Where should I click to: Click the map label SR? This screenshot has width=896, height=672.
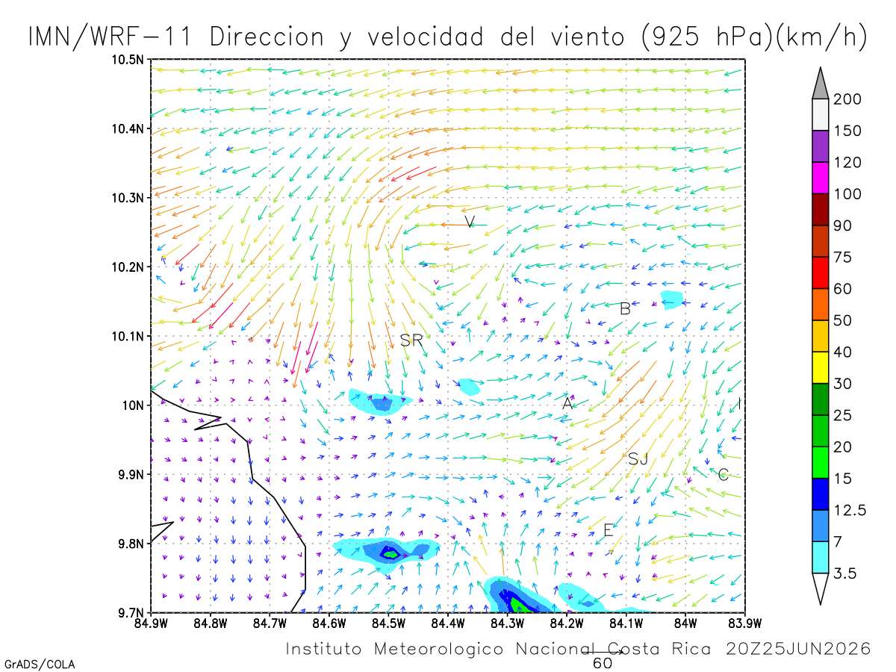(x=411, y=340)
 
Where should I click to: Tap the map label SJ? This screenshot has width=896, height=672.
(x=638, y=459)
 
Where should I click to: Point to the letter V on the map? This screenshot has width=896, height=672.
(x=470, y=222)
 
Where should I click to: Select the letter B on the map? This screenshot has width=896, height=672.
(x=625, y=309)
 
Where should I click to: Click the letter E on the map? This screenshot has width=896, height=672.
(x=608, y=530)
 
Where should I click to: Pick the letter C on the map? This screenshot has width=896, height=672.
(x=723, y=474)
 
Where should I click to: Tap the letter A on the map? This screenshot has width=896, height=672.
(x=567, y=403)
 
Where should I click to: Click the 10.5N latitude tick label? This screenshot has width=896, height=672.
(x=128, y=60)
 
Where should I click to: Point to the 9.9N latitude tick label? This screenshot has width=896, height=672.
(x=131, y=475)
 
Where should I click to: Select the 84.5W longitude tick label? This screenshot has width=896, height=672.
(x=388, y=623)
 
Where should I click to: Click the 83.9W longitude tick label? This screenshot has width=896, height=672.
(x=745, y=623)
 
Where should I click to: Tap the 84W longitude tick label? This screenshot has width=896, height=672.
(x=685, y=623)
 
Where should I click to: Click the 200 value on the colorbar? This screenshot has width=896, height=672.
(x=847, y=99)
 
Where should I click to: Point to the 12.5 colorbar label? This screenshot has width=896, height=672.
(x=850, y=510)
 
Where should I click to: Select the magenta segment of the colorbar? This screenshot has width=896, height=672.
(x=820, y=178)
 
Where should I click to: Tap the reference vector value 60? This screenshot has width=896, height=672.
(x=603, y=663)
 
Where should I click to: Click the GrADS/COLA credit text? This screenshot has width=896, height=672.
(x=40, y=665)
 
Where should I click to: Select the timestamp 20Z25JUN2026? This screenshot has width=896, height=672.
(x=798, y=649)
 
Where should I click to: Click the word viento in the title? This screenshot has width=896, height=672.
(x=588, y=37)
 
